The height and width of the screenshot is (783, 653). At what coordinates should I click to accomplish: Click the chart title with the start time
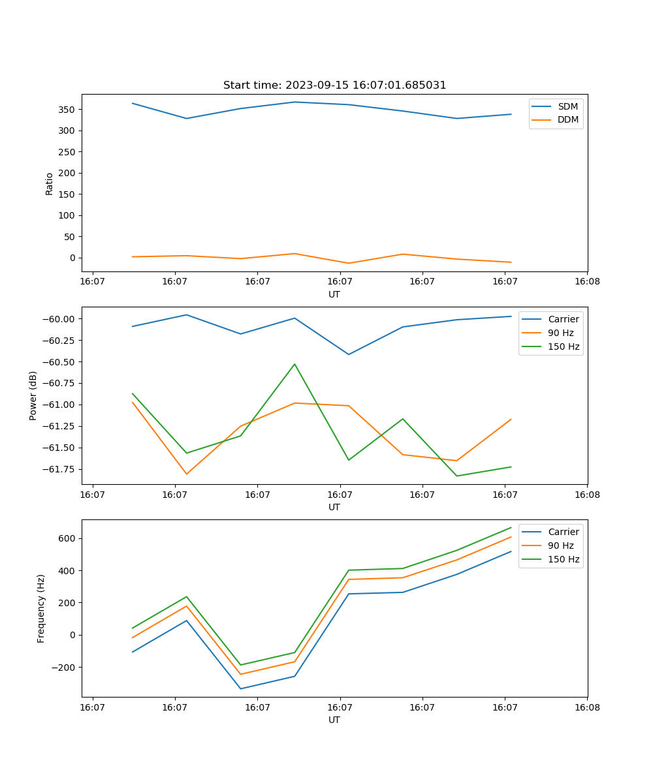coord(334,85)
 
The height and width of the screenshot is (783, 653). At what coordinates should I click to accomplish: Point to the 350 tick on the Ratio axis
coord(67,110)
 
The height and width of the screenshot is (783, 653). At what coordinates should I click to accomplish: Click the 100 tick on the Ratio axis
coord(67,215)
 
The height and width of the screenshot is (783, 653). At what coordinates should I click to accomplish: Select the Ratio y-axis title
coord(50,183)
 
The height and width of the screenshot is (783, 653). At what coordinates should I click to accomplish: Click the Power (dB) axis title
coord(33,395)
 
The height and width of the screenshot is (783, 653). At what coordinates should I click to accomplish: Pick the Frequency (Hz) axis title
coord(41,608)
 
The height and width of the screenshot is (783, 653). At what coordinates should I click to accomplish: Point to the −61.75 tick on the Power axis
coord(59,469)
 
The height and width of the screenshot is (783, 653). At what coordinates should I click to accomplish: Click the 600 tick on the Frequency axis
coord(68,538)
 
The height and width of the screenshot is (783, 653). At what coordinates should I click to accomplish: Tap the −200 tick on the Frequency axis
coord(64,668)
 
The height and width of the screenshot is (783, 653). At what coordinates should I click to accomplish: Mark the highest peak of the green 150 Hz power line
coord(295,364)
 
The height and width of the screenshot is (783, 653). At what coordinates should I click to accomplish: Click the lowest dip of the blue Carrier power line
coord(349,354)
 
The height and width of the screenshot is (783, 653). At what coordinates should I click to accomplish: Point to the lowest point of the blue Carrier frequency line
coord(240,688)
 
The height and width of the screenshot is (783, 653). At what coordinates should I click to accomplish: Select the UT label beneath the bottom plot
coord(334,720)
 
